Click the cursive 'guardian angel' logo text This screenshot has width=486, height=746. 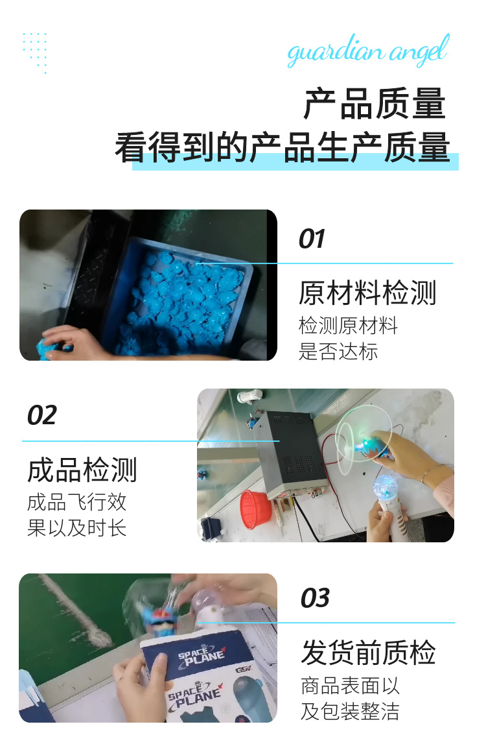coord(367,52)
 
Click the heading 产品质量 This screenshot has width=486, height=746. coord(375,104)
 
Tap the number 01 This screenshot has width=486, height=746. coord(311,239)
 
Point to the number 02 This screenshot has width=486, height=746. coord(42,415)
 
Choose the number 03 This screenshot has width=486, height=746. coord(315,598)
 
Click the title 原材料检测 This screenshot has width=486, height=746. coord(367,293)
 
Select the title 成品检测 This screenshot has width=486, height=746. coord(82,470)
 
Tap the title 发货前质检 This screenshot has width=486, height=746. coord(368,653)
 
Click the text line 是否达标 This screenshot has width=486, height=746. coord(338,352)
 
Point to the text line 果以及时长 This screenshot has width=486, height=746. coord(76,528)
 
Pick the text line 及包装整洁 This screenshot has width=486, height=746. coord(350,711)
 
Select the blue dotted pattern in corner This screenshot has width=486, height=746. coord(35,51)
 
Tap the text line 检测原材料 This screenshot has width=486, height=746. coord(348,325)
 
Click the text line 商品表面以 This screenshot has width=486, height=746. coord(350,685)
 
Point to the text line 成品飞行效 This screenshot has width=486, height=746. coord(76,502)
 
